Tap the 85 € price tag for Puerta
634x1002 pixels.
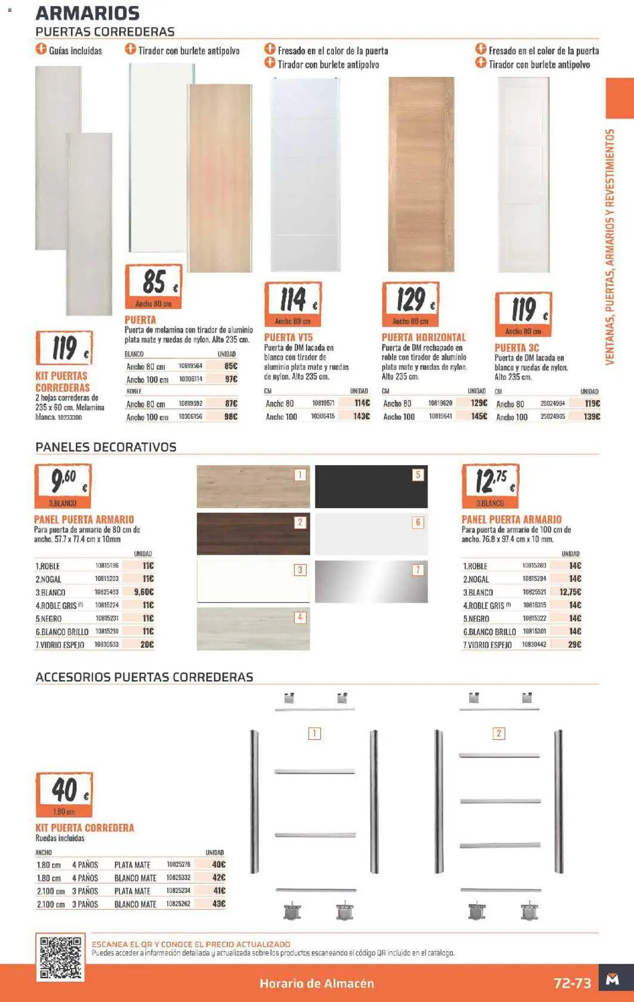click(x=154, y=286)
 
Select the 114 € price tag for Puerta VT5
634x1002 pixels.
click(x=292, y=303)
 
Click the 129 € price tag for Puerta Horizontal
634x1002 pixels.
click(x=410, y=303)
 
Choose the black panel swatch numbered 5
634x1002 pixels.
click(x=371, y=486)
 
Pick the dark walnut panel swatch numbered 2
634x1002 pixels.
click(x=253, y=534)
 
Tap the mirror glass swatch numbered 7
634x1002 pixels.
click(x=371, y=581)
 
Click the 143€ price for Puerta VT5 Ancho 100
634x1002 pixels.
click(x=361, y=416)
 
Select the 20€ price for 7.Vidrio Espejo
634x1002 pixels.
click(x=147, y=645)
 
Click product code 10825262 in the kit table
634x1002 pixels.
click(x=178, y=904)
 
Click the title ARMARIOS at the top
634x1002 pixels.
click(x=88, y=13)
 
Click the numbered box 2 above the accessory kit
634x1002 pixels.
click(x=499, y=733)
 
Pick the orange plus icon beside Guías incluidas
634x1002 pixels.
click(x=41, y=49)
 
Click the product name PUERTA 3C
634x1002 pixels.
click(x=517, y=348)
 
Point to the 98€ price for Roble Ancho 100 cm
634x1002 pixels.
click(x=230, y=417)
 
